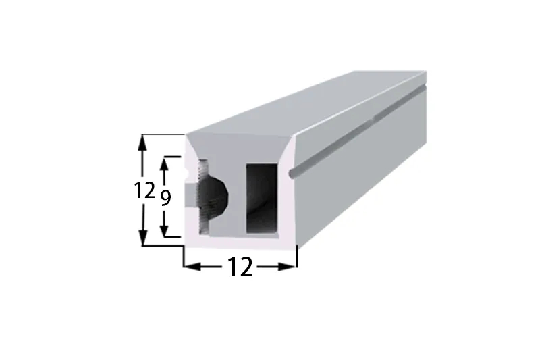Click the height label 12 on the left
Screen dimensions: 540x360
(144, 190)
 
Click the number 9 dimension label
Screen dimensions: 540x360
(165, 198)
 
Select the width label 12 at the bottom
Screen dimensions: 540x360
(240, 267)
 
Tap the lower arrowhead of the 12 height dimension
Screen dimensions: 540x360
(142, 237)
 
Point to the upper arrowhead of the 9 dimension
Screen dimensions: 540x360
(165, 165)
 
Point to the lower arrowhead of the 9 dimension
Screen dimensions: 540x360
(165, 229)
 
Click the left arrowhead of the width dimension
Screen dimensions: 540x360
(192, 266)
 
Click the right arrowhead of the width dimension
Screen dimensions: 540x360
(288, 266)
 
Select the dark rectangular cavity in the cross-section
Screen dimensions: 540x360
(262, 199)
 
